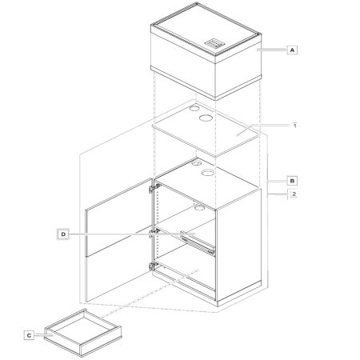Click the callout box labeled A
click(292, 50)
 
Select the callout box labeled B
click(292, 181)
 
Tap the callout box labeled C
click(29, 335)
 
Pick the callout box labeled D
click(63, 234)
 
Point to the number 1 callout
click(294, 126)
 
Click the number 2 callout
click(294, 194)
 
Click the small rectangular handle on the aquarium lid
click(214, 43)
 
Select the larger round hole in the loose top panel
click(206, 118)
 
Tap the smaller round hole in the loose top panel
click(194, 108)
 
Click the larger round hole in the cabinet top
click(208, 173)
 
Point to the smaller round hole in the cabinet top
click(197, 162)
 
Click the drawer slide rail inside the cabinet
click(197, 241)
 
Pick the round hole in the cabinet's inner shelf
click(199, 207)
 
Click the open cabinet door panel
click(119, 240)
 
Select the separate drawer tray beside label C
click(83, 333)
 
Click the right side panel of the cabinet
click(238, 245)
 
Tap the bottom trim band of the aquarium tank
click(206, 82)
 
